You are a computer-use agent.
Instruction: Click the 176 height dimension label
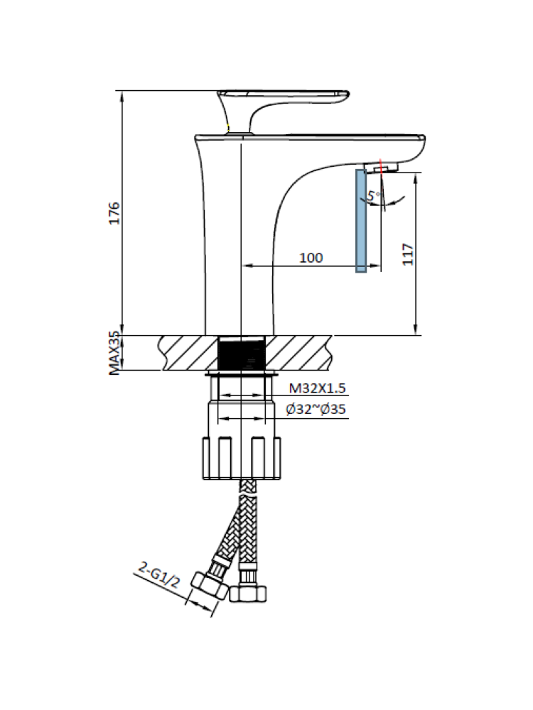point(114,213)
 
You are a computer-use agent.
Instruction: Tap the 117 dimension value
point(407,254)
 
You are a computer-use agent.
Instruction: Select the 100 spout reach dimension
point(311,257)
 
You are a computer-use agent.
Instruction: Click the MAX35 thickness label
point(114,353)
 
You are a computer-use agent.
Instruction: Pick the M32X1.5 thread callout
point(316,388)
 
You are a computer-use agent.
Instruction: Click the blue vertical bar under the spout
point(361,220)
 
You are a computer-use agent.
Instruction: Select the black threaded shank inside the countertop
point(242,353)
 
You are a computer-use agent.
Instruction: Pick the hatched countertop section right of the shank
point(298,353)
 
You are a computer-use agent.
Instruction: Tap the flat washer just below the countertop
point(242,373)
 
